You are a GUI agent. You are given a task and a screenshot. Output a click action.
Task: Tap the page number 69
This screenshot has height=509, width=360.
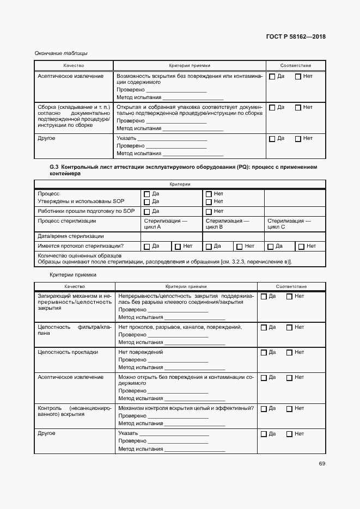tap(322, 464)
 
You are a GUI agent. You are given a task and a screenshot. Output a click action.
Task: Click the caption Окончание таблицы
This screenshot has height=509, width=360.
tap(61, 53)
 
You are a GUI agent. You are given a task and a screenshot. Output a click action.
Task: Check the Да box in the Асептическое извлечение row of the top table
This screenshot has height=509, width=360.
tap(272, 77)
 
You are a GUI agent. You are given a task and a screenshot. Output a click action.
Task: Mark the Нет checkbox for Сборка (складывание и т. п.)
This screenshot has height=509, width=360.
tap(298, 108)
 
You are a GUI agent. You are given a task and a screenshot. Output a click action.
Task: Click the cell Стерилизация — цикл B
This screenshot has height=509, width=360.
tap(227, 224)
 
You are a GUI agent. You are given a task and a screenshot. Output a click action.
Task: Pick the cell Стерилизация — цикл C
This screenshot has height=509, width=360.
tap(289, 224)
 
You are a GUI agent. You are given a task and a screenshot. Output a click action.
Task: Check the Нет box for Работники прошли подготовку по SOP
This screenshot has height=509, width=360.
tap(209, 211)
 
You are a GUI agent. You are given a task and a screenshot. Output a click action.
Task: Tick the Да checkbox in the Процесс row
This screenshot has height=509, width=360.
tap(147, 194)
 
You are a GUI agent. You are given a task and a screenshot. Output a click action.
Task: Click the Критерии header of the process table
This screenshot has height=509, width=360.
tap(180, 185)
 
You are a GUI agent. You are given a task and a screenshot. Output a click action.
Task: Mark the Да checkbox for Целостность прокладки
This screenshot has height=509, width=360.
tap(264, 353)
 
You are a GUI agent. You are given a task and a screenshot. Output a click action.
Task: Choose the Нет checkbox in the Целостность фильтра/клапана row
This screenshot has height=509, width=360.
tap(289, 328)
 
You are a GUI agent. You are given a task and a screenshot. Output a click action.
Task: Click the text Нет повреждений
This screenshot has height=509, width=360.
tap(141, 352)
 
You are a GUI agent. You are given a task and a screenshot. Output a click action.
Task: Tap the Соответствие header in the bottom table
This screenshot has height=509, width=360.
tap(291, 286)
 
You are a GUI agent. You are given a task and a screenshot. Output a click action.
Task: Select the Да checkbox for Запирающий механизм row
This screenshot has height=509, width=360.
tap(264, 297)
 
